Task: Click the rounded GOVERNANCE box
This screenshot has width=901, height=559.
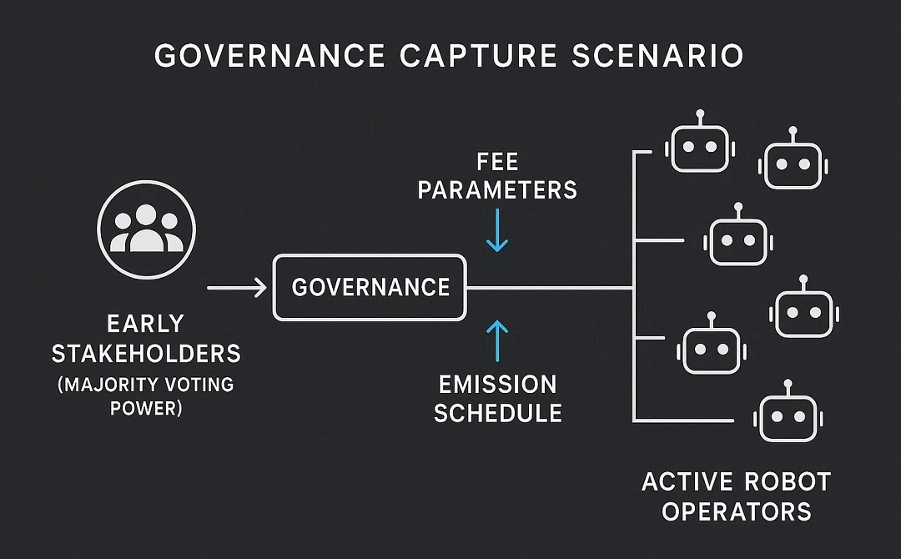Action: [x=370, y=288]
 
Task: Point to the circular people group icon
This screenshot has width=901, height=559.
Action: [x=146, y=223]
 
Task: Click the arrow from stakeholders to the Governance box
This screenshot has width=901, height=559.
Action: [x=236, y=288]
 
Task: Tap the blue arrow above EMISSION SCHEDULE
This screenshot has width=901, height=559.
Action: [x=497, y=340]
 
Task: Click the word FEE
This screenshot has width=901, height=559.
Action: [x=497, y=161]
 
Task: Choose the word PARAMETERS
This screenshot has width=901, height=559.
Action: [x=497, y=190]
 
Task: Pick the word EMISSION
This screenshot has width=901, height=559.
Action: [x=497, y=385]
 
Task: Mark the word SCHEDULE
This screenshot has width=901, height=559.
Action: [x=497, y=413]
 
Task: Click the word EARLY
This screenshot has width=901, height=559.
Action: [x=146, y=324]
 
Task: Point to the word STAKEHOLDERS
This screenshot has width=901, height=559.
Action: [x=146, y=354]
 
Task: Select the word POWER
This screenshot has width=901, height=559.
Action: [x=146, y=410]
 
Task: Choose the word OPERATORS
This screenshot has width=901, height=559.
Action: [x=737, y=511]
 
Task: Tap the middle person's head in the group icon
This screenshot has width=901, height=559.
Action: [x=146, y=215]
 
